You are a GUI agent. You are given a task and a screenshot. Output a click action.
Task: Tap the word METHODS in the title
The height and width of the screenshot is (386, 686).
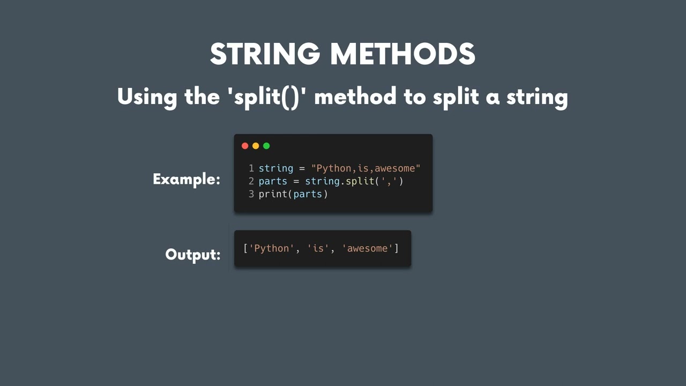[402, 54]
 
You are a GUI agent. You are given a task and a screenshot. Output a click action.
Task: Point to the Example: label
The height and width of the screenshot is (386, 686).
[186, 179]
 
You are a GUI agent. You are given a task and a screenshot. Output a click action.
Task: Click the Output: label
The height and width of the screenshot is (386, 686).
[192, 254]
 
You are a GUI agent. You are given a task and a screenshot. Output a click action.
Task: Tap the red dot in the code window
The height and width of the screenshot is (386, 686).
[245, 146]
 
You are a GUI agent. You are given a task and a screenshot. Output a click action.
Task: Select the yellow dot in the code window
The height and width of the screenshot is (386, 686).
[256, 146]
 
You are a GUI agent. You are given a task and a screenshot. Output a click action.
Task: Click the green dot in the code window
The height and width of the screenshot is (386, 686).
[266, 146]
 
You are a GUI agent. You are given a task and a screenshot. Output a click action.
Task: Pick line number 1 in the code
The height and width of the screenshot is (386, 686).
[251, 168]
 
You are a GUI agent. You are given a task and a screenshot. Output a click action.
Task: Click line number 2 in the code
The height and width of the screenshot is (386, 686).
[251, 181]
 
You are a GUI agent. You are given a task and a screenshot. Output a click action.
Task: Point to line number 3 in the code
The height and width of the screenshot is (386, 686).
[251, 194]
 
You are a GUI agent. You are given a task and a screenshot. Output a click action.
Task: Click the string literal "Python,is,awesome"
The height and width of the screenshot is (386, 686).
[366, 168]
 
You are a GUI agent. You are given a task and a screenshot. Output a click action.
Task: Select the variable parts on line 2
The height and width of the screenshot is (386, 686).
[273, 181]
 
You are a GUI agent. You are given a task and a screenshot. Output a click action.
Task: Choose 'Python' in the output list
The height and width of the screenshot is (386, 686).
[272, 248]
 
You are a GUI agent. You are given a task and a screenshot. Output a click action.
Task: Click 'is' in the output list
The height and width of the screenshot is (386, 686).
[318, 248]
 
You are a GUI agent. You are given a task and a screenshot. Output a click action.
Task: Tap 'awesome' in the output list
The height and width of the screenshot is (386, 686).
[368, 248]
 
